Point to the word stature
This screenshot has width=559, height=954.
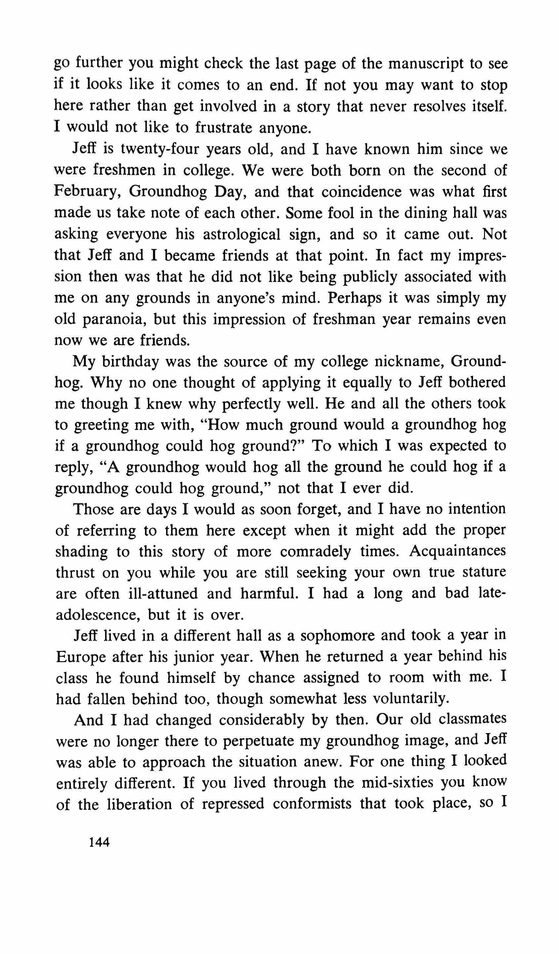(x=484, y=572)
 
